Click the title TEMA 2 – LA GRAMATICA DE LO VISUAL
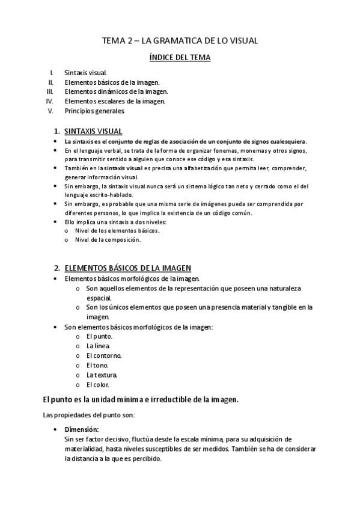point(180,41)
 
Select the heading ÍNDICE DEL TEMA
point(180,58)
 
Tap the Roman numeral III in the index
point(50,91)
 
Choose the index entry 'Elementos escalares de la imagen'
point(114,101)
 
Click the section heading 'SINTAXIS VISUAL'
point(93,131)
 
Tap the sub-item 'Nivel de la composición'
point(108,239)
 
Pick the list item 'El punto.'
point(99,336)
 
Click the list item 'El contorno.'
point(104,355)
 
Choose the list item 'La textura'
point(102,375)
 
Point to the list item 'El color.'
point(98,384)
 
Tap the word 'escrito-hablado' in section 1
point(112,195)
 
